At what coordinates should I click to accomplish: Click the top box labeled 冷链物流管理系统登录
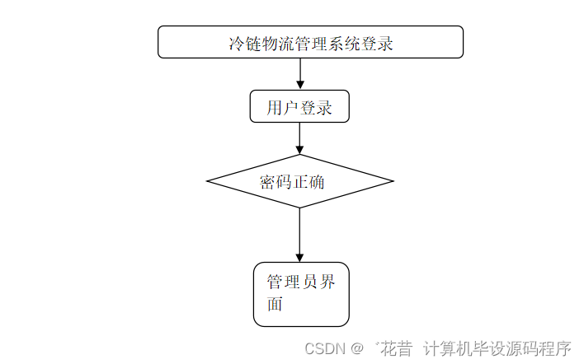[x=310, y=42]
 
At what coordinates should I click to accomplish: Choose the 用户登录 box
[x=299, y=107]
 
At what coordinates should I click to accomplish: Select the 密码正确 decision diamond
[x=299, y=181]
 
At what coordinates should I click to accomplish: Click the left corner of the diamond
[x=208, y=181]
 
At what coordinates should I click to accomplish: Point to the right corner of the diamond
[x=392, y=181]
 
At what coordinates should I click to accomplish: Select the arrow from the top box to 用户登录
[x=299, y=74]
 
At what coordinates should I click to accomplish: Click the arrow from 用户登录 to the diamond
[x=299, y=138]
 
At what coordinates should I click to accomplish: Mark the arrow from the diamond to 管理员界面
[x=299, y=235]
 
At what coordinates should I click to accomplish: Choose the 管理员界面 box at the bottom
[x=301, y=294]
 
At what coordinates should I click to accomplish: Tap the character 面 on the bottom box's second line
[x=275, y=305]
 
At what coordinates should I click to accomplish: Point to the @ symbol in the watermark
[x=356, y=348]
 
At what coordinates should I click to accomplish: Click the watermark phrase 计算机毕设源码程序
[x=497, y=348]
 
